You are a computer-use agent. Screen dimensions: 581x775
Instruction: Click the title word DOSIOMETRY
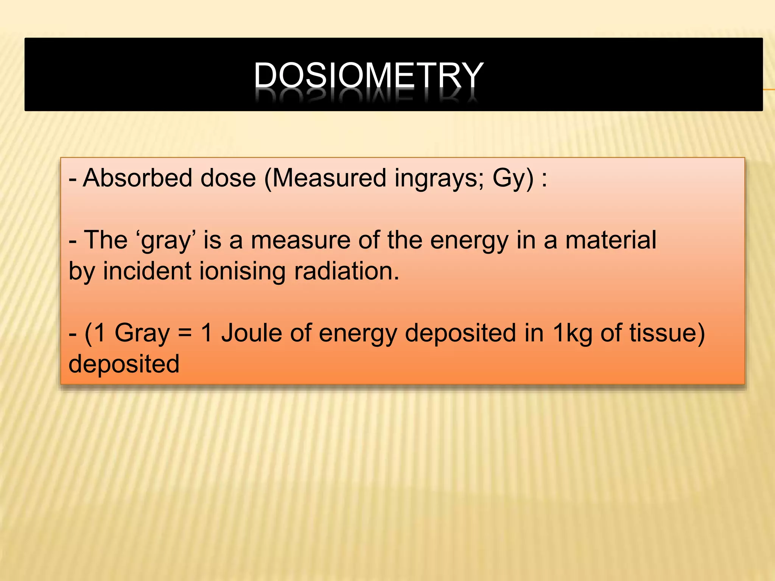click(368, 75)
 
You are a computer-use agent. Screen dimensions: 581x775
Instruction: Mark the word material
click(611, 240)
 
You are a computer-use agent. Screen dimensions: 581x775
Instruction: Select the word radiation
click(346, 271)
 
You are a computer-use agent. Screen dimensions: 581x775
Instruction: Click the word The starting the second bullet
click(106, 240)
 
